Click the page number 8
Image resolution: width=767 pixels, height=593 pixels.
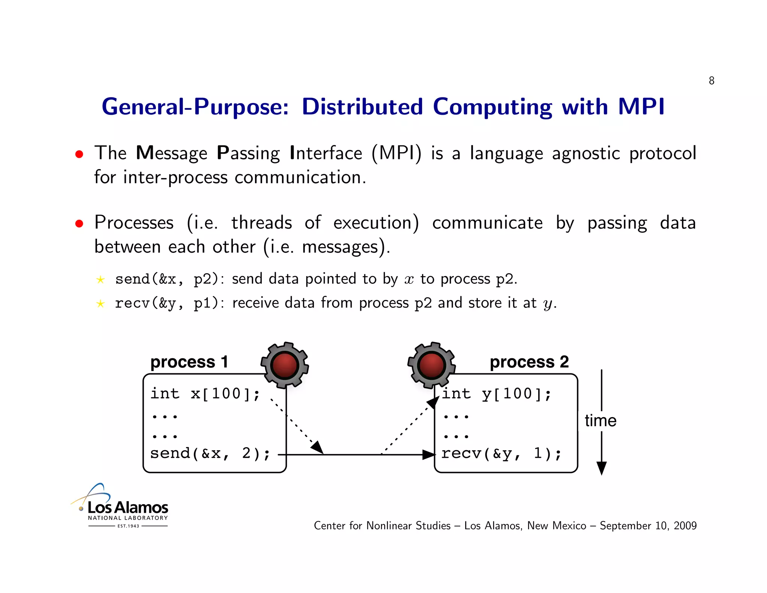click(x=711, y=81)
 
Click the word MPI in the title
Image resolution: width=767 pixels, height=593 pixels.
click(x=641, y=107)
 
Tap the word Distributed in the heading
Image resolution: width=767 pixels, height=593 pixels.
click(x=362, y=107)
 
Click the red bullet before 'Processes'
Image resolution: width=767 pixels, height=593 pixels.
click(x=79, y=224)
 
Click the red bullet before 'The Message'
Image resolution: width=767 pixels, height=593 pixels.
click(x=79, y=154)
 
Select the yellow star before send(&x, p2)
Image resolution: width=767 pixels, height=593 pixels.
click(x=100, y=280)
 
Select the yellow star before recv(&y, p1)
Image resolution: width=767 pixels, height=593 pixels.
click(x=100, y=303)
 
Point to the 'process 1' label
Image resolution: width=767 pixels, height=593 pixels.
click(x=189, y=362)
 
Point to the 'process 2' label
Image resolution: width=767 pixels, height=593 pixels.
click(x=529, y=362)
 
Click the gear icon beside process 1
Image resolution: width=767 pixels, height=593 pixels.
click(x=285, y=365)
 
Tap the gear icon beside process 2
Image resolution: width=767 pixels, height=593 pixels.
click(x=431, y=365)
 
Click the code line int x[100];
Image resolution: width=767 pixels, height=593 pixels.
click(x=205, y=394)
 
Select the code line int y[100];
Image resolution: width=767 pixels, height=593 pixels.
click(x=496, y=394)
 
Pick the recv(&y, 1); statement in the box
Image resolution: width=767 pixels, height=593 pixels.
click(x=501, y=454)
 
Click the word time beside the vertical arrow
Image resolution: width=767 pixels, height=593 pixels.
click(x=600, y=421)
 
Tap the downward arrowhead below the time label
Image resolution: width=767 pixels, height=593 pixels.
click(x=601, y=468)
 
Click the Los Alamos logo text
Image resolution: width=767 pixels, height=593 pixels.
click(x=128, y=508)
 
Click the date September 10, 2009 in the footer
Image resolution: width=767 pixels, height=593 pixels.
click(x=648, y=526)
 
